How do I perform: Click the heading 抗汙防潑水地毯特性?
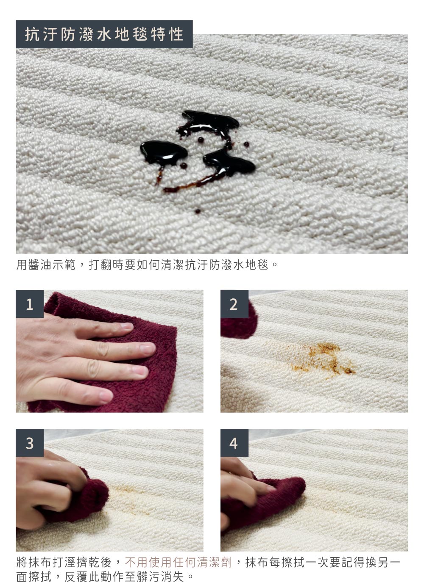(104, 34)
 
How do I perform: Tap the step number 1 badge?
(30, 304)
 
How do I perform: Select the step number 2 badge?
(234, 304)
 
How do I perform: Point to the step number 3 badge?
(30, 443)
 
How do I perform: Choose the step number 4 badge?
(234, 443)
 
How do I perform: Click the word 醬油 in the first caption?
(40, 265)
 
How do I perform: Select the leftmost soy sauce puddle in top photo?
(163, 153)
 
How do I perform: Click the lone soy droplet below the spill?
(198, 211)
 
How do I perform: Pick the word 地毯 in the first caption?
(257, 265)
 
